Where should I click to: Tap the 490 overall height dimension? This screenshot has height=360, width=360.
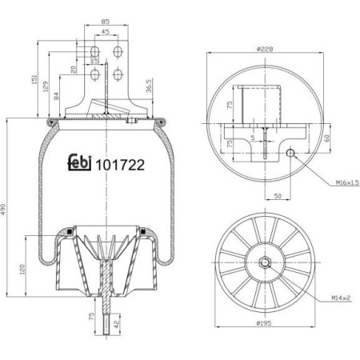[6, 209]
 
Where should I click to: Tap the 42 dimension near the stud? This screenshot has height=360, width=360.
[118, 326]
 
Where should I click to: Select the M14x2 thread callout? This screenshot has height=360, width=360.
[343, 298]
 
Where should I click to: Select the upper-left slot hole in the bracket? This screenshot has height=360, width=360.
[95, 54]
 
